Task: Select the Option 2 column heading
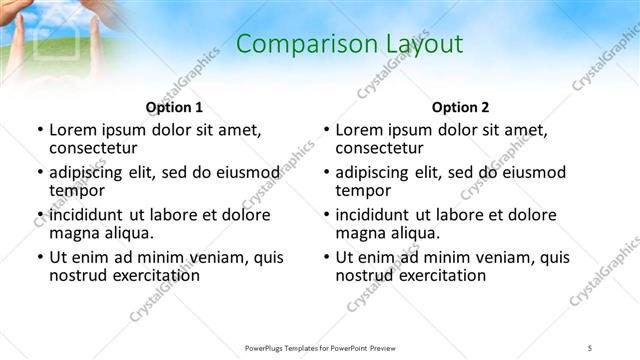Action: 460,107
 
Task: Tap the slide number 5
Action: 590,346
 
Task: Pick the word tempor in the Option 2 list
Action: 363,190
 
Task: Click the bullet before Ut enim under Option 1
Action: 40,257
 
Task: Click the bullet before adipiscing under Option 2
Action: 326,173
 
